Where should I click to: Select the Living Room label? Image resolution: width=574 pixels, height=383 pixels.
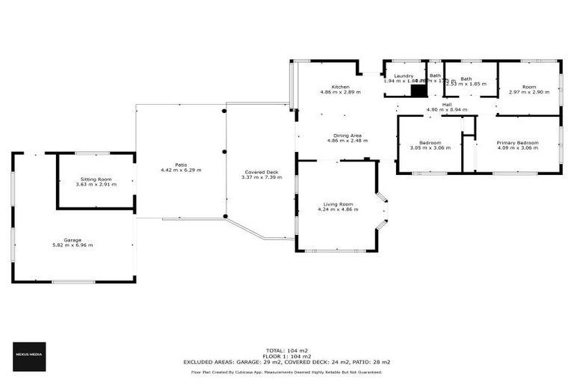click(338, 204)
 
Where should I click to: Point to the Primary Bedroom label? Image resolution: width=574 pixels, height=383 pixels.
click(517, 142)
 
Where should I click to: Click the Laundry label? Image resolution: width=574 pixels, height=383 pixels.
click(404, 76)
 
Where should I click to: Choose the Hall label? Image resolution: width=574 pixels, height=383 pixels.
click(446, 104)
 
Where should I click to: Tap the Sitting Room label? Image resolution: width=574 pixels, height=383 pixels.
click(96, 180)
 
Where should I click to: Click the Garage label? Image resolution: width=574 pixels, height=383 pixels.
click(72, 240)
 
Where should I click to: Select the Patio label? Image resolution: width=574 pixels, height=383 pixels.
click(181, 165)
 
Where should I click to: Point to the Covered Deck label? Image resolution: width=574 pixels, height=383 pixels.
click(262, 172)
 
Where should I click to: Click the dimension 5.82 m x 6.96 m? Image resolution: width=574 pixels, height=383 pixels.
click(72, 245)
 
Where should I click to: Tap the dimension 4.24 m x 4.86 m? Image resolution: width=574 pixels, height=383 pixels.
click(338, 209)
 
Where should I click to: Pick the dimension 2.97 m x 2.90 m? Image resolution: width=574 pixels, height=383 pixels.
click(529, 92)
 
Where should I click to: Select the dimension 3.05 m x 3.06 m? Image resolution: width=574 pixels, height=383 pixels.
click(430, 147)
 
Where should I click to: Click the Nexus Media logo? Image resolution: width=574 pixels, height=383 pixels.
click(30, 356)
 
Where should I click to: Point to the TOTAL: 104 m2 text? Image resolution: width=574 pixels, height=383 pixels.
click(287, 349)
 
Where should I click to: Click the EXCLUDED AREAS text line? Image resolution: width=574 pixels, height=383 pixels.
click(287, 361)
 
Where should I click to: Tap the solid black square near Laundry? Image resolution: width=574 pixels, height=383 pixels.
click(419, 91)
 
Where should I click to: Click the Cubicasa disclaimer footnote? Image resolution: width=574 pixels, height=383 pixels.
click(287, 372)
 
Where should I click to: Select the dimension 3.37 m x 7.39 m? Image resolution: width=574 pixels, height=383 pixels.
click(262, 177)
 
